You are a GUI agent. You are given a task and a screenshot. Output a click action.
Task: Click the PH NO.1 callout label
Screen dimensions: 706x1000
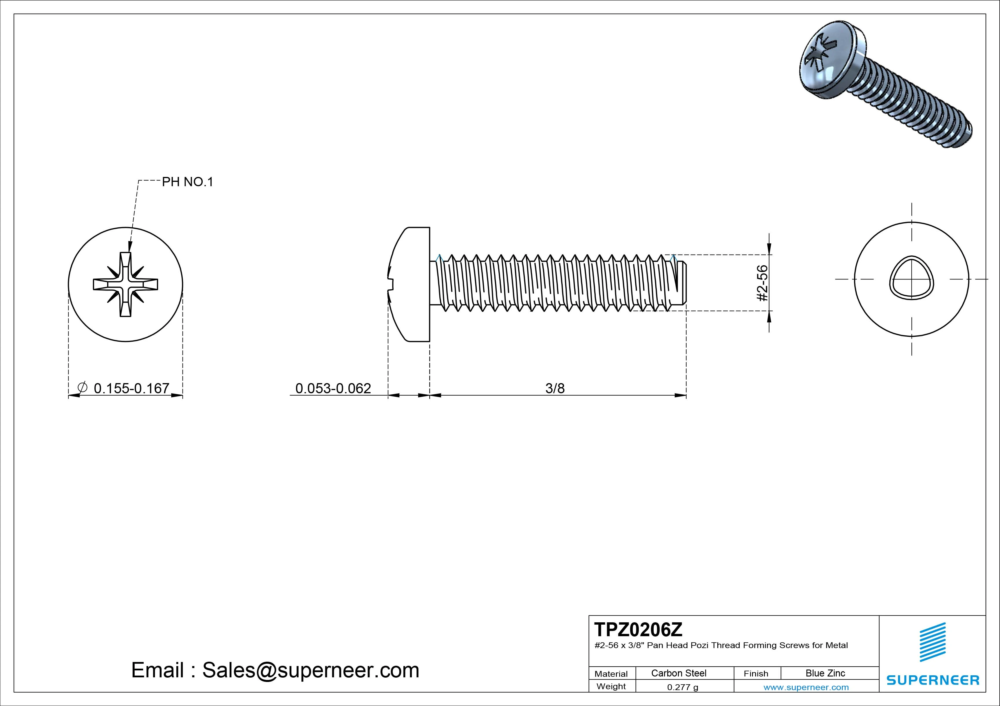[x=187, y=182]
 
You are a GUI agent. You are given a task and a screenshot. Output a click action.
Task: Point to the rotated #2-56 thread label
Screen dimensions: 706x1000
[x=762, y=283]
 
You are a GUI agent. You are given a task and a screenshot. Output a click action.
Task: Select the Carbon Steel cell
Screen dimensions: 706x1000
[x=679, y=673]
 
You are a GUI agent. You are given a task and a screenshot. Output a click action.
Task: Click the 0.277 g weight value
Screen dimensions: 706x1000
[x=683, y=687]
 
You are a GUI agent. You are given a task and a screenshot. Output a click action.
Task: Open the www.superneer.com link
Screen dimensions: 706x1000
[x=806, y=687]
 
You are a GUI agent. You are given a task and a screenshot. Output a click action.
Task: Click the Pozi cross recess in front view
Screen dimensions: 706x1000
[x=125, y=284]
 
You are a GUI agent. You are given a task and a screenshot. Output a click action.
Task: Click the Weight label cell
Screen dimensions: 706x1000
[x=611, y=686]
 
